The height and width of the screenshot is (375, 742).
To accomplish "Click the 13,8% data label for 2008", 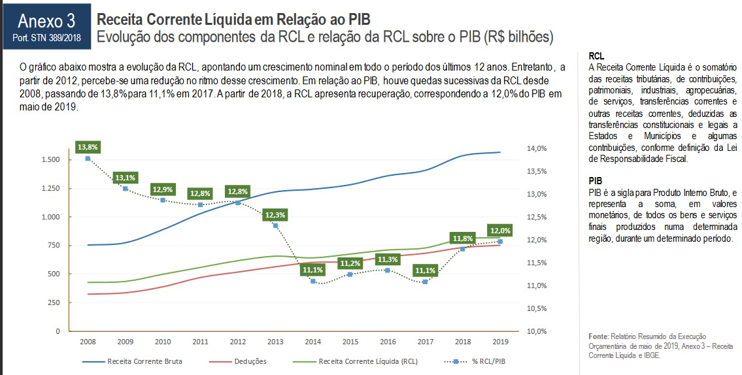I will point(88,147).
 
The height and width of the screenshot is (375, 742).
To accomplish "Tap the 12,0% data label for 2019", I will point(500,231).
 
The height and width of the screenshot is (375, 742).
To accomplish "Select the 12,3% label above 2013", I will point(275,214).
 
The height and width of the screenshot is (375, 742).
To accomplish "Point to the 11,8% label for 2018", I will point(462,238).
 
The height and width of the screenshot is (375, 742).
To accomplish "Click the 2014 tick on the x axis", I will point(312,342).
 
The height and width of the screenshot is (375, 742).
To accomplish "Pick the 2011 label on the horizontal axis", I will point(200,342).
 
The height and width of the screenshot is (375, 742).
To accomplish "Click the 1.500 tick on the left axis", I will point(50,160).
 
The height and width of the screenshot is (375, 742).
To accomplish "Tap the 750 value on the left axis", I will point(54,246).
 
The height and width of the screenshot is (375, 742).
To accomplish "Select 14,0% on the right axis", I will point(537,149).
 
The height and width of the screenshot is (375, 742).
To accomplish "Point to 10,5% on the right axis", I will point(537,308).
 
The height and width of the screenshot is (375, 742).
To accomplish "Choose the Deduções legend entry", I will point(250,361).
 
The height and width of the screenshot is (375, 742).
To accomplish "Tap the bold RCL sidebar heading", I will point(596,56).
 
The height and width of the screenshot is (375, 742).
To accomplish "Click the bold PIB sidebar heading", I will point(595,180).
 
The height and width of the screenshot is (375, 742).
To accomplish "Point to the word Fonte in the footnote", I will point(599,336).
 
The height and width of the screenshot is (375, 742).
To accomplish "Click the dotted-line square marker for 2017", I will point(425,282).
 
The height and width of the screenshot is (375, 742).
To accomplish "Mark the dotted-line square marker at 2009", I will point(125,188).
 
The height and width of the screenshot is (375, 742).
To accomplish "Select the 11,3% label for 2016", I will point(388,259).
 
